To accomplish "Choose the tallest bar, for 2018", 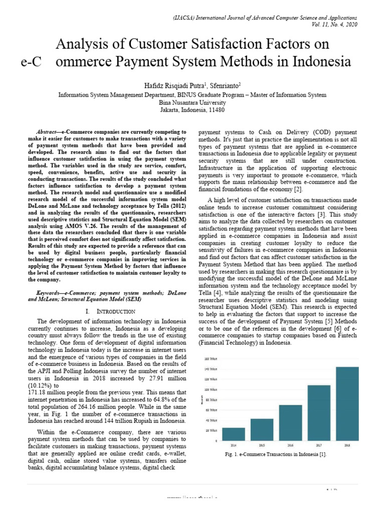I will tap(347, 403).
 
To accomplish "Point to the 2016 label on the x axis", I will tap(290, 444).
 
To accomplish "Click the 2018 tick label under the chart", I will tap(347, 444).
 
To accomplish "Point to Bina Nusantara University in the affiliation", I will tap(192, 102).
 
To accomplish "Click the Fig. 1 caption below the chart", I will tap(276, 454).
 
